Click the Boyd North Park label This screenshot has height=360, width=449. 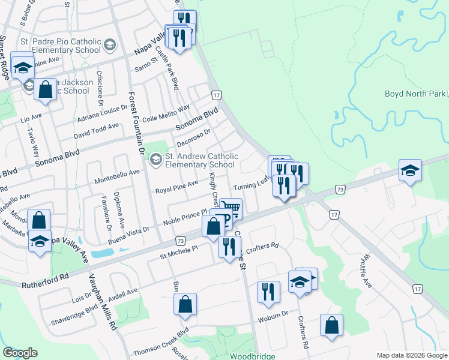[x=415, y=94]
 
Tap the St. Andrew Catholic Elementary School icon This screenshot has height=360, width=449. [x=156, y=159]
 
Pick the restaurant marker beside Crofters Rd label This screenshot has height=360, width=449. [x=229, y=247]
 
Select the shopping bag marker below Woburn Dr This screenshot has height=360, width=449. [x=331, y=326]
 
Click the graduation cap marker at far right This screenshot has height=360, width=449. [x=410, y=170]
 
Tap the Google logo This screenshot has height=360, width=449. [x=20, y=353]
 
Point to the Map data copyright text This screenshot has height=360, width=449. [x=411, y=355]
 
